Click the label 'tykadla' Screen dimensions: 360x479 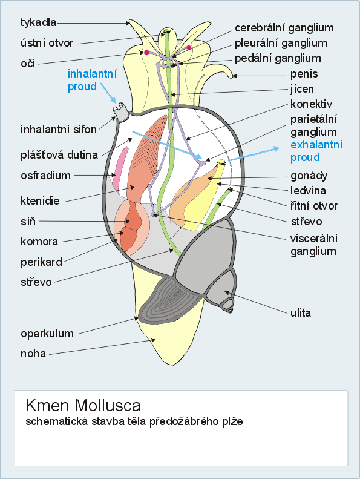point(39,22)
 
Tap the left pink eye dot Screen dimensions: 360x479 point(146,52)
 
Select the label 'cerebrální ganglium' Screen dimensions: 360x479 point(284,28)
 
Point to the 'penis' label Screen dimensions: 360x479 point(304,74)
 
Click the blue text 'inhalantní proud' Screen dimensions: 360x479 point(92,80)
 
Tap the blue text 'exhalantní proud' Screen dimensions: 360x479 point(316,151)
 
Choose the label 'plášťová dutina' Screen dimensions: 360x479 point(59,155)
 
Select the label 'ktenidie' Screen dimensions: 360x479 point(40,200)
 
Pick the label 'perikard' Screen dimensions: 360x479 point(42,262)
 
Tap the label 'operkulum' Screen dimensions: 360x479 point(47,333)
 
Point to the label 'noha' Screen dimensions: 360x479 point(33,354)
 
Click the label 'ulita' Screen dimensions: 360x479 point(301,313)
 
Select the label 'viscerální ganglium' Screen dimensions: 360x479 point(314,245)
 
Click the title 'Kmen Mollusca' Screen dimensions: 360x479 point(83,405)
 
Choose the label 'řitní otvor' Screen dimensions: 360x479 point(314,206)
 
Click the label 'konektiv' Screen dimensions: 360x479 point(311,104)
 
